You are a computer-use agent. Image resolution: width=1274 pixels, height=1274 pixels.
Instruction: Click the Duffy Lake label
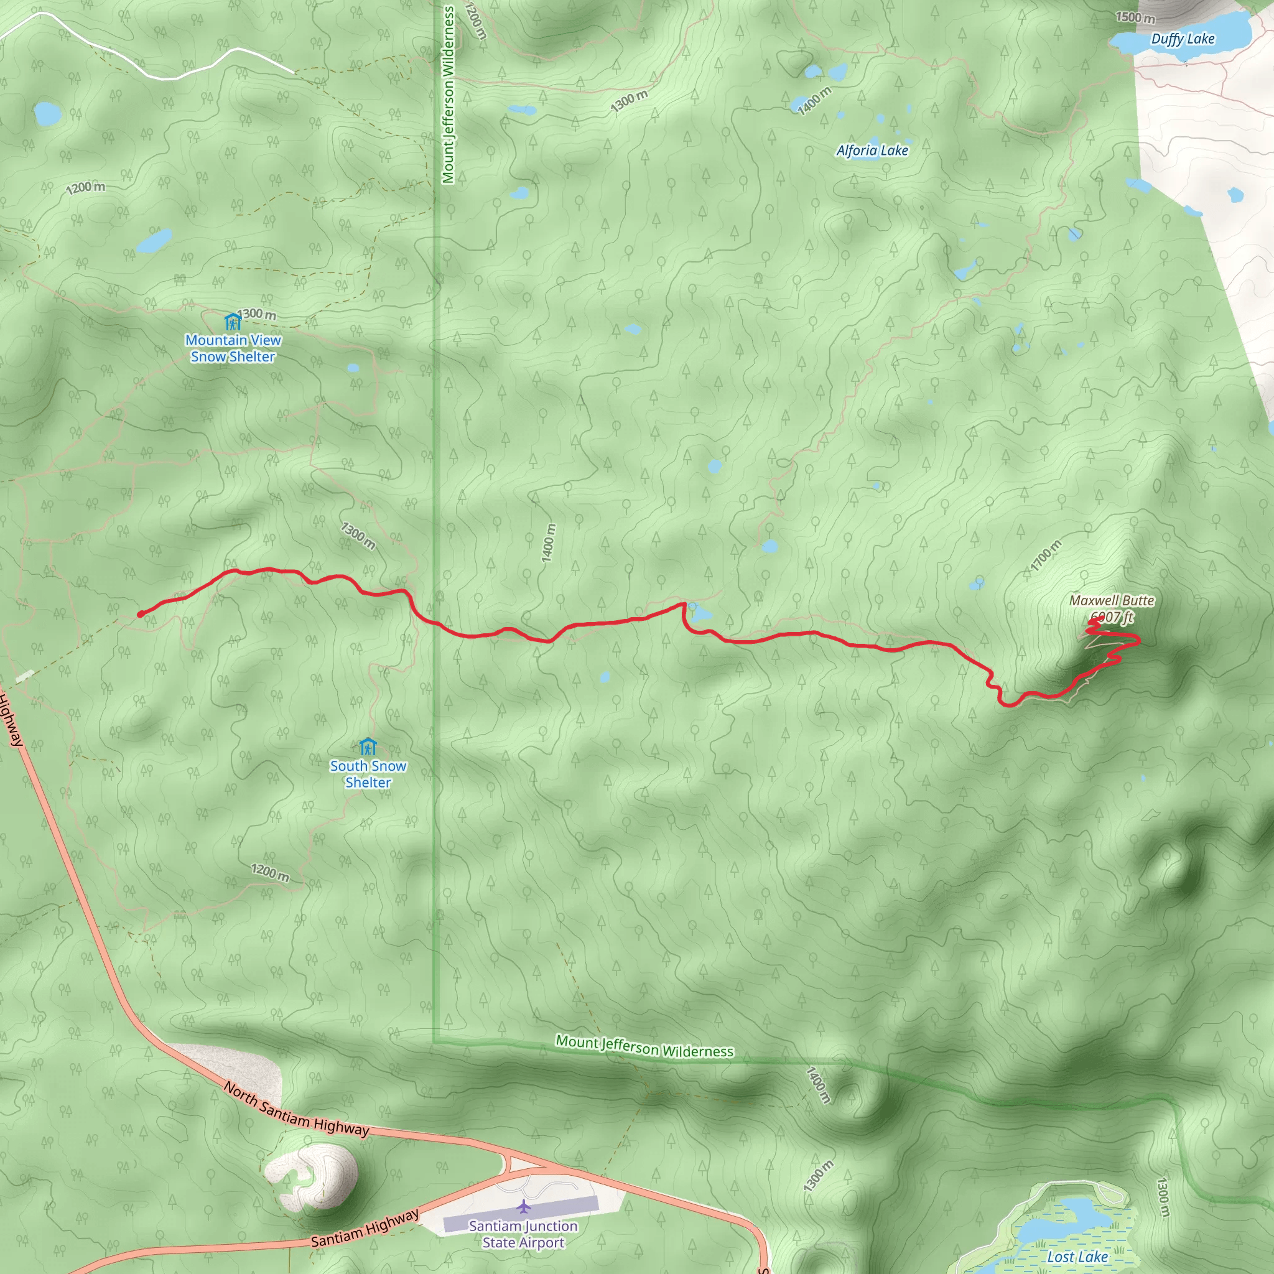click(1183, 39)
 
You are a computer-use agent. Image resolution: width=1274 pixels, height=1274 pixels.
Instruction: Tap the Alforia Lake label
click(872, 151)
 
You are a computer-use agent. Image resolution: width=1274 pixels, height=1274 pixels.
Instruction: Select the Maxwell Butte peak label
click(1112, 601)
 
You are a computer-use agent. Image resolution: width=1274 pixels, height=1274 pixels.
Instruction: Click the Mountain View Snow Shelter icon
click(232, 322)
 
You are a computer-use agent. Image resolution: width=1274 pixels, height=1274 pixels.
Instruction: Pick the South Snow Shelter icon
click(368, 747)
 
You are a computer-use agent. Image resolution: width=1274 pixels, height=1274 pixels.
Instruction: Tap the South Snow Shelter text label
click(368, 774)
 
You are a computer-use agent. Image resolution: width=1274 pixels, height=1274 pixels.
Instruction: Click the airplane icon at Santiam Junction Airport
click(524, 1207)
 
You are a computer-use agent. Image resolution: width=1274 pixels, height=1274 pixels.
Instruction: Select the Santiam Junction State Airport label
click(523, 1234)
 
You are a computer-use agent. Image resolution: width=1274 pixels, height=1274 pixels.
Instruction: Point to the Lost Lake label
click(1077, 1257)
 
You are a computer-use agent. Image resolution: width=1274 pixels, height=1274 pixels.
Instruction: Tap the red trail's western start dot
click(141, 615)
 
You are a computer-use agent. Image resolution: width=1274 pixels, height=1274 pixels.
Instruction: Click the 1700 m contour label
click(1046, 556)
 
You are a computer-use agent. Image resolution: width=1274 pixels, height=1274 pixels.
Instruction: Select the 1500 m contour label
click(1135, 17)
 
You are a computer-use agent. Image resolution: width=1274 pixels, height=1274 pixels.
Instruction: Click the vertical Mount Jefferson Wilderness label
click(449, 95)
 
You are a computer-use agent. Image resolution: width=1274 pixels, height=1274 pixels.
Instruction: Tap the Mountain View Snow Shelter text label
click(233, 348)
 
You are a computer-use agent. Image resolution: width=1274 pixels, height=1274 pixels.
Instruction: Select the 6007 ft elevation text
click(1113, 618)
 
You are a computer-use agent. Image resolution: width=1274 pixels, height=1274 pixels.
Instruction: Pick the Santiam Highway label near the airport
click(365, 1229)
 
